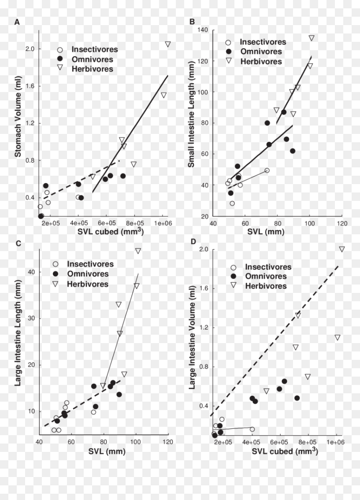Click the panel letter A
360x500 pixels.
(17, 22)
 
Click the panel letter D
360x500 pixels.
(193, 241)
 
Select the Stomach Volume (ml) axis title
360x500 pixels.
(18, 117)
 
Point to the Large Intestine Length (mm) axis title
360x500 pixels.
(18, 333)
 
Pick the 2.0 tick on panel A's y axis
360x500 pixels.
(30, 49)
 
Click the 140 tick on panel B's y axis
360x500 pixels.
(203, 30)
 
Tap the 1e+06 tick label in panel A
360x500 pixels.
(163, 223)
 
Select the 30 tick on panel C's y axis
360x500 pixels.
(31, 318)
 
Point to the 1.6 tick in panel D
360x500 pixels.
(204, 288)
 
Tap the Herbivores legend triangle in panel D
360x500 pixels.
(233, 285)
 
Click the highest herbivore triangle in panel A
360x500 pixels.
(168, 44)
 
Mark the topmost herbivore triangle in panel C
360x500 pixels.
(138, 251)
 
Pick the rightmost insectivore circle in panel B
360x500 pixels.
(267, 171)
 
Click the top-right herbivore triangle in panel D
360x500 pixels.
(342, 249)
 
